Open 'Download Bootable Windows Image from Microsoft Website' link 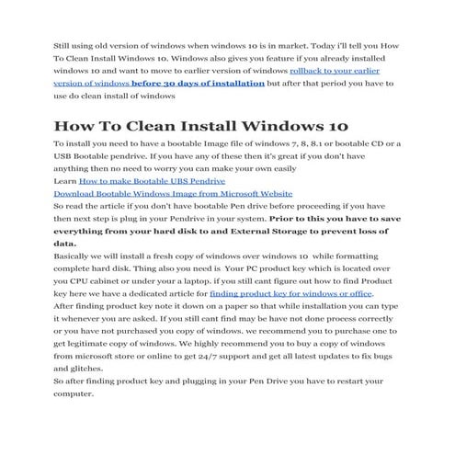173,195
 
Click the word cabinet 116,280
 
